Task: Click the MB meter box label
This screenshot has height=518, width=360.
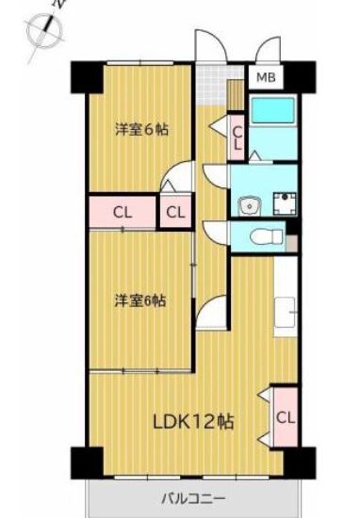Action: [266, 77]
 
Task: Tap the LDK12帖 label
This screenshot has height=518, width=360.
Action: [193, 422]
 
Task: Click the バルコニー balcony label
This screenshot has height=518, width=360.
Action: [193, 498]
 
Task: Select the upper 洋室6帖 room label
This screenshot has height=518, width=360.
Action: [141, 130]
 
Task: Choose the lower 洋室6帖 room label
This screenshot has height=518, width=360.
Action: [140, 300]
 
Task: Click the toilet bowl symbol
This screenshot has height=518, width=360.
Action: [267, 236]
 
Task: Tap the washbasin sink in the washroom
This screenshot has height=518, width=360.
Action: [251, 207]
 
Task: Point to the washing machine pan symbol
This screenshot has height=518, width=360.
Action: [285, 203]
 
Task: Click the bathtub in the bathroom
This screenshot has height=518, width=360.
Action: [272, 110]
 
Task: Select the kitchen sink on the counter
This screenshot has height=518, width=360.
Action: [285, 312]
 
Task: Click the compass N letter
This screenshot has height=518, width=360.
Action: [57, 5]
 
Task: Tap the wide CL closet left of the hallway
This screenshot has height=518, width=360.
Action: [123, 213]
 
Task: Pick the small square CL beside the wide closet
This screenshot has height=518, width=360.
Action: [175, 213]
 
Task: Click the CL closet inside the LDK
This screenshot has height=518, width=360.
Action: [285, 417]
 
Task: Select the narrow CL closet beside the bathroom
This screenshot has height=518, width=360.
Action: [237, 138]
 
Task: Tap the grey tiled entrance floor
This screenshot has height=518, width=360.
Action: [211, 85]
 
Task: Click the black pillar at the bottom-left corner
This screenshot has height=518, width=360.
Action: [88, 462]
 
